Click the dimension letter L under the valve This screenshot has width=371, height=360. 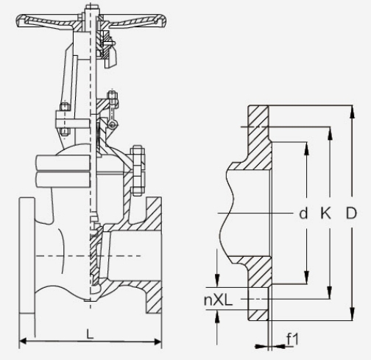[x=91, y=333]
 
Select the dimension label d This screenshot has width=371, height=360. [x=303, y=213]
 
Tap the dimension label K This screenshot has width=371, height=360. [x=325, y=213]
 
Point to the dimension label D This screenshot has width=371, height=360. [x=351, y=213]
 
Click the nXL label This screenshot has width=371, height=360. [x=218, y=300]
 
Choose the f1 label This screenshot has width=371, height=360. [x=293, y=339]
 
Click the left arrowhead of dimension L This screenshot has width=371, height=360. [x=23, y=341]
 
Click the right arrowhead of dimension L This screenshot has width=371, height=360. [x=158, y=341]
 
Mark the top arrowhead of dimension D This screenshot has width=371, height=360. [x=353, y=112]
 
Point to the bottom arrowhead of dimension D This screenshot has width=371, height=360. [x=353, y=314]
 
